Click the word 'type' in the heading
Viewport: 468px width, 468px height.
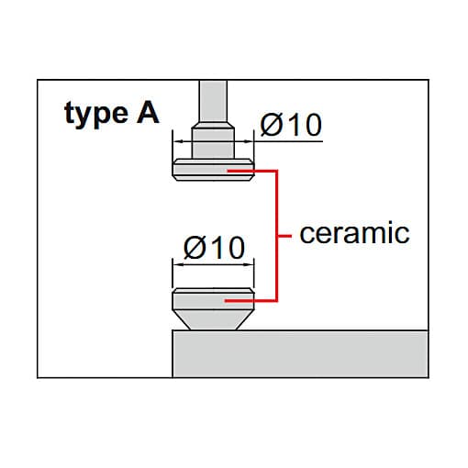(x=96, y=114)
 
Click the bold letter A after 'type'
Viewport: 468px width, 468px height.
(x=148, y=113)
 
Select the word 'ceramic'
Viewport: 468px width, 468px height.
(x=354, y=233)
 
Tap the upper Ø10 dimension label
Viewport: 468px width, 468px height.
(x=291, y=124)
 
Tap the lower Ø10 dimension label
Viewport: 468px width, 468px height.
(x=214, y=247)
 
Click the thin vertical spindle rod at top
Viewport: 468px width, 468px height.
(x=213, y=101)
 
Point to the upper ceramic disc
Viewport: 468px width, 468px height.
(x=213, y=170)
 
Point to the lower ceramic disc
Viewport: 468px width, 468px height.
(x=213, y=299)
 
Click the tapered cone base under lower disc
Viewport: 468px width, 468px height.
(x=213, y=320)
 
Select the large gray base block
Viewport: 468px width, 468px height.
(x=300, y=354)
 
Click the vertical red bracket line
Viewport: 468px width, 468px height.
(x=276, y=236)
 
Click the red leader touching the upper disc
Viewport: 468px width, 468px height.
(x=251, y=171)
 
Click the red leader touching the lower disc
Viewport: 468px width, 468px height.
(x=251, y=301)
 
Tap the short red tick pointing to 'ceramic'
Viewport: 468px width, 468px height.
(x=284, y=236)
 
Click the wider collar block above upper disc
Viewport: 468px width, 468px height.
(x=213, y=143)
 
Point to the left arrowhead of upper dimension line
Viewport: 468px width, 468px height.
(x=178, y=141)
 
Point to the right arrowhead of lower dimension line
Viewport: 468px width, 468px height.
(x=249, y=264)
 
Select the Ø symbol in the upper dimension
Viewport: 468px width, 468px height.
(x=272, y=124)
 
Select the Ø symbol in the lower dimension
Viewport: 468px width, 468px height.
(x=195, y=247)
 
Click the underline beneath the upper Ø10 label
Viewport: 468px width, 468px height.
(x=288, y=141)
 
